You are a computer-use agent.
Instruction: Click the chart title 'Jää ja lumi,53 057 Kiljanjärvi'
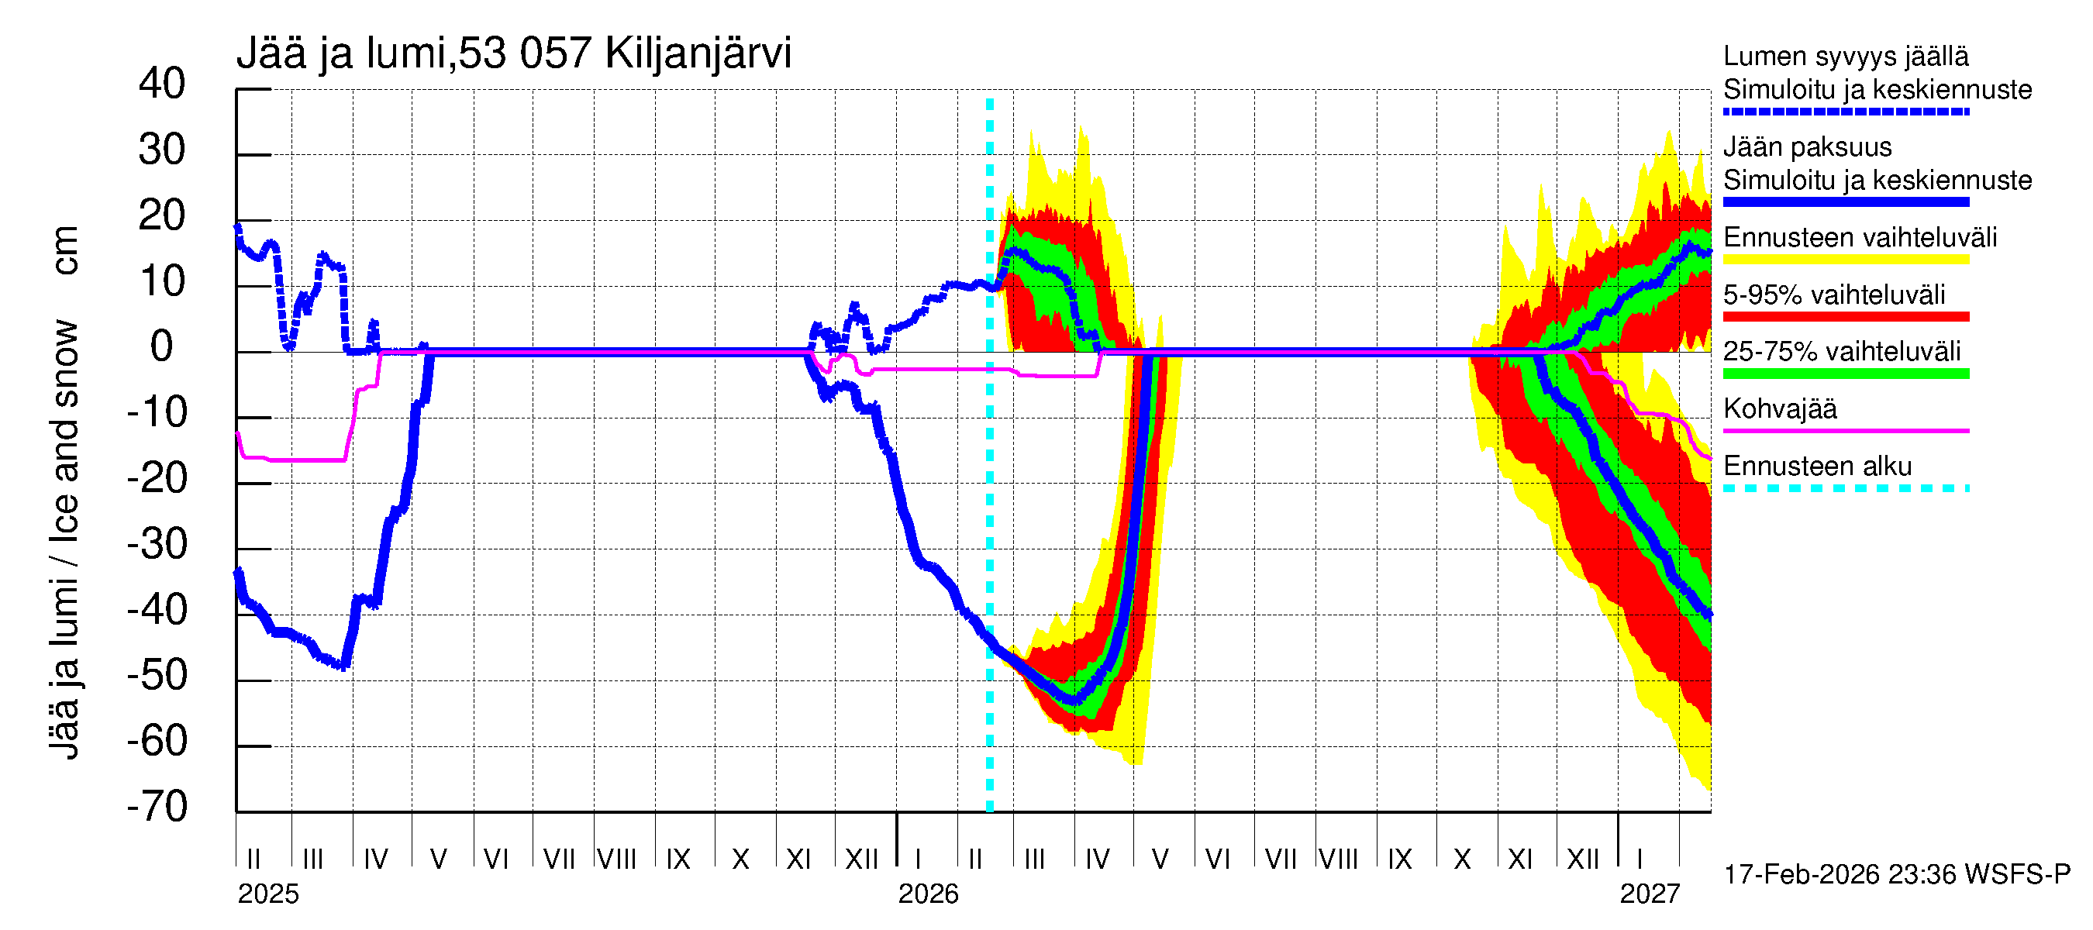click(x=513, y=53)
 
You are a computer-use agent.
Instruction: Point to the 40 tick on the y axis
click(x=162, y=84)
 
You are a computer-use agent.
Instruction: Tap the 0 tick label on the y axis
click(x=162, y=348)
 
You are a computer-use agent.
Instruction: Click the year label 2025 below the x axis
click(x=268, y=894)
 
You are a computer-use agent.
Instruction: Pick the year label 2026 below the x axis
click(x=928, y=894)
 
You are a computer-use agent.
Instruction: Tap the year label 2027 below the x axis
click(x=1650, y=894)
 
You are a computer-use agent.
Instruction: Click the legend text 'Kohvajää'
click(x=1779, y=409)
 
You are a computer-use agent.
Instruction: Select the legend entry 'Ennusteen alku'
click(x=1817, y=467)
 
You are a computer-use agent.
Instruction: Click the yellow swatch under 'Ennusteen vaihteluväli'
click(x=1845, y=260)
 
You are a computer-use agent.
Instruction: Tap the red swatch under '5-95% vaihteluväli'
click(x=1845, y=317)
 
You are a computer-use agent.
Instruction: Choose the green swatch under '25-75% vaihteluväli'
click(x=1845, y=374)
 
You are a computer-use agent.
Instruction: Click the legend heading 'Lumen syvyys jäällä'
click(x=1845, y=57)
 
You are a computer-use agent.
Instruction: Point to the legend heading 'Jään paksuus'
click(x=1807, y=148)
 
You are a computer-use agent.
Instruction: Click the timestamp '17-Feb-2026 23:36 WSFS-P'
click(x=1896, y=875)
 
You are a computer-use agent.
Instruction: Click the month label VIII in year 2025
click(x=617, y=859)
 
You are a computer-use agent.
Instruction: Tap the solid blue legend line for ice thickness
click(x=1845, y=202)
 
